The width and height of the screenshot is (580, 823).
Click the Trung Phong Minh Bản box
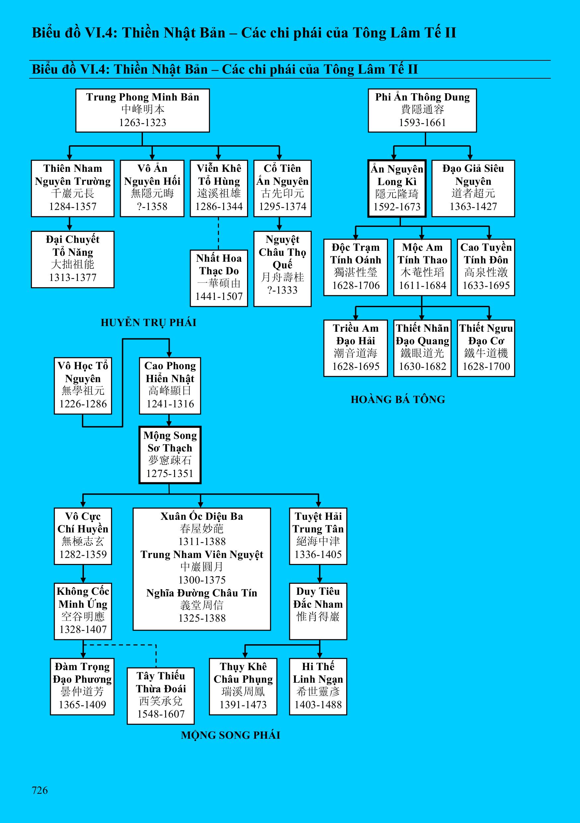tap(142, 110)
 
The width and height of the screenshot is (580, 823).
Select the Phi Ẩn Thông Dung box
tap(422, 110)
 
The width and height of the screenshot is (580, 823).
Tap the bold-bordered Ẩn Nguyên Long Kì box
tap(397, 188)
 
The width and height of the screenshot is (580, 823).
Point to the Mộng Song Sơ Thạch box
tap(170, 454)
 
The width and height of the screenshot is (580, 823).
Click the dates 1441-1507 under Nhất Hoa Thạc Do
tap(219, 297)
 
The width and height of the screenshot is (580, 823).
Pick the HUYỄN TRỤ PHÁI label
tap(148, 323)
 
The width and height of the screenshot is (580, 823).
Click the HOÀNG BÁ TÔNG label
tap(398, 399)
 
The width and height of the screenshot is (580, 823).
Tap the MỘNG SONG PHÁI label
tap(230, 735)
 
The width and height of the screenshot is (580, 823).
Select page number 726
tap(39, 790)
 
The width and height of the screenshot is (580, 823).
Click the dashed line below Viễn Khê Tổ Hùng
tap(219, 233)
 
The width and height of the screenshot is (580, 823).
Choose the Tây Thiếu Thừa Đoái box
tap(161, 696)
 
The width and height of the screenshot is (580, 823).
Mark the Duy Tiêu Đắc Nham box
tap(318, 611)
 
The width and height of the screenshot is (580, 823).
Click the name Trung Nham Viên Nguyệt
tap(202, 555)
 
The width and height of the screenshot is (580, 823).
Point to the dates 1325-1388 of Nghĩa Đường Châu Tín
tap(202, 618)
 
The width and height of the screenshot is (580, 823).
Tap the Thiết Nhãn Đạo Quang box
tap(422, 348)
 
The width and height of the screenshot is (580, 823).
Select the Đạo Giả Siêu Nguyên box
tap(473, 188)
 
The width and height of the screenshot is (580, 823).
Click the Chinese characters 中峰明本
tap(142, 109)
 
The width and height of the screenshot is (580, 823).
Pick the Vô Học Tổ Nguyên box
tap(83, 385)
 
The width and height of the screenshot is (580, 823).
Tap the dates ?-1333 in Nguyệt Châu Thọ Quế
tap(282, 290)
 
